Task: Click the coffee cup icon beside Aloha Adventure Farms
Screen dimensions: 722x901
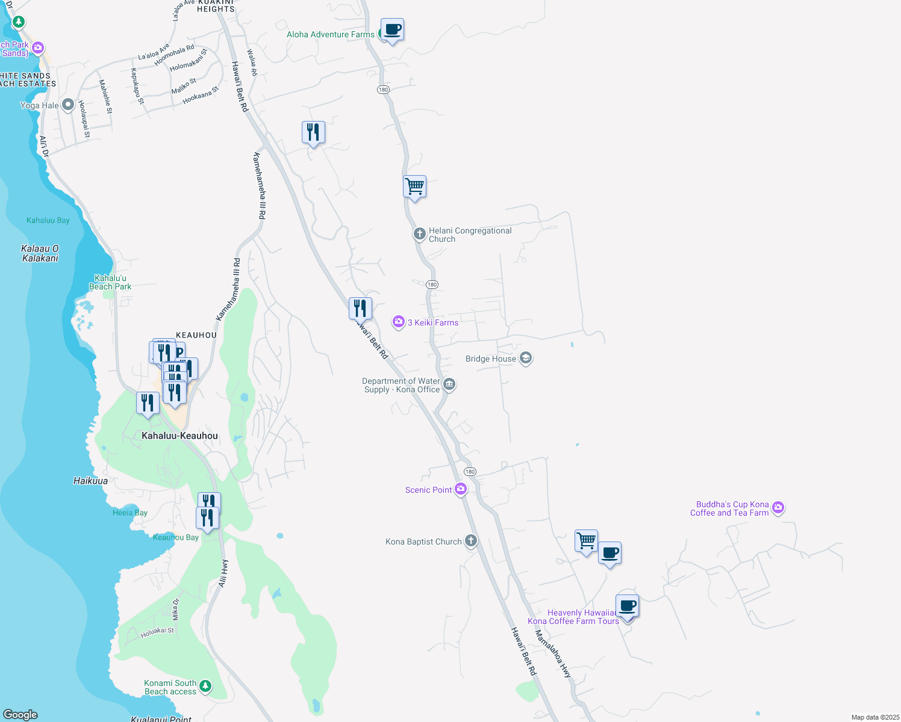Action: [x=392, y=29]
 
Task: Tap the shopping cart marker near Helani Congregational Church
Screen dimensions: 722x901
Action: [x=414, y=187]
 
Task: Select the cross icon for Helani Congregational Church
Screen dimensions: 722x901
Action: [x=419, y=233]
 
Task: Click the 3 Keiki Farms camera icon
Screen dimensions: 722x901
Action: [x=398, y=322]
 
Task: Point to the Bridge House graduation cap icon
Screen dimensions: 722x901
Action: [x=525, y=359]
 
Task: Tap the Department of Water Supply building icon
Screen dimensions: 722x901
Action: [x=449, y=384]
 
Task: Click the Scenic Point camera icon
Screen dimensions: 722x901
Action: [x=461, y=489]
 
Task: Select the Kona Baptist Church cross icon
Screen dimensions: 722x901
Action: [x=471, y=541]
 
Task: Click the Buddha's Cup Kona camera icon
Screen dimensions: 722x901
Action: [x=778, y=508]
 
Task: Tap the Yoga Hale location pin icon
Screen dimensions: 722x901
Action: [x=67, y=105]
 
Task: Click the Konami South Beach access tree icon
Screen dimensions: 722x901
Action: [x=205, y=686]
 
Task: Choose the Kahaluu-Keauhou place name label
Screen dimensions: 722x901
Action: [x=179, y=436]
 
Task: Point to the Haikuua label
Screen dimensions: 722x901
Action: [x=91, y=481]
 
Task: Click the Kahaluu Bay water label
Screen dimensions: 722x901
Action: [x=48, y=220]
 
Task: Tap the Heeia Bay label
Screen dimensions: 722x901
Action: [x=130, y=513]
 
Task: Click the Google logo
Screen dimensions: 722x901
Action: [x=20, y=715]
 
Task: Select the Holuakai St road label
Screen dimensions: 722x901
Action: [x=157, y=632]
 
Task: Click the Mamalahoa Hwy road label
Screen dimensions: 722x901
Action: [x=553, y=654]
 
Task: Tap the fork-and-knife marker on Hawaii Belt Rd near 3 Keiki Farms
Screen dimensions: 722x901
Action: [x=360, y=309]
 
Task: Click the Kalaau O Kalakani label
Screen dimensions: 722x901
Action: [x=40, y=253]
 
